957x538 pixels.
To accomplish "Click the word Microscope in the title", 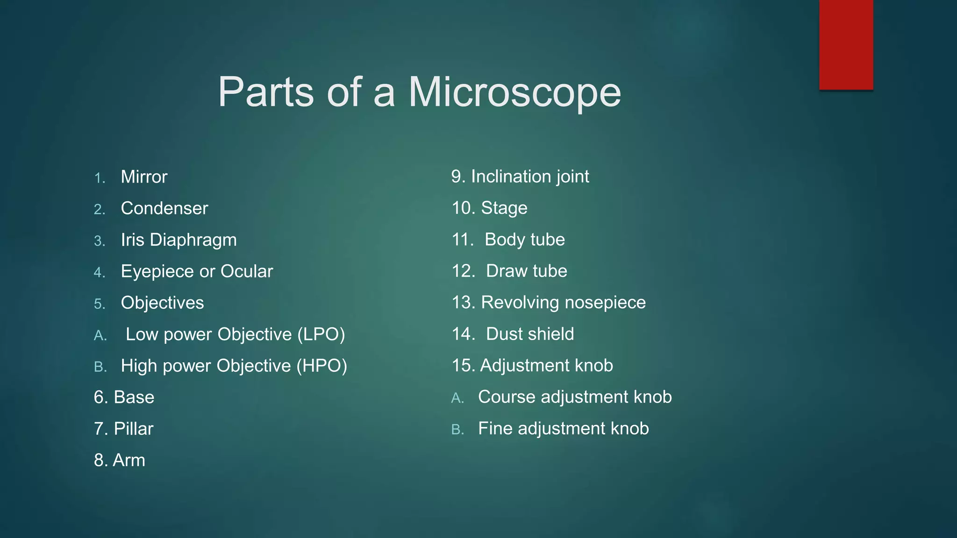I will [x=514, y=92].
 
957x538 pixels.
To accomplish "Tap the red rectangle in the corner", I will [x=846, y=45].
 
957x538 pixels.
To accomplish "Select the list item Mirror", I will [x=144, y=177].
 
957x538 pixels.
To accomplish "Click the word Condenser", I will [x=164, y=208].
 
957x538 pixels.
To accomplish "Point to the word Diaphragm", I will [x=193, y=240].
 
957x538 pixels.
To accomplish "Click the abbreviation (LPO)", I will [x=321, y=334].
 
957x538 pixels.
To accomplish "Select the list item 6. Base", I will [x=124, y=397].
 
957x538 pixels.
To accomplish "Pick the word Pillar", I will [x=134, y=429].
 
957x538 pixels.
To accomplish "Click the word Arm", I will [x=129, y=460].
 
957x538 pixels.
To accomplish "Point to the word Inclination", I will [x=511, y=177].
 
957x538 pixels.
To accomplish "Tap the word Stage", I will [x=504, y=208].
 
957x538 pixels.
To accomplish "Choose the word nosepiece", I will [x=605, y=303].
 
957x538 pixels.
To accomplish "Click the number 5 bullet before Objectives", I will [x=100, y=304].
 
